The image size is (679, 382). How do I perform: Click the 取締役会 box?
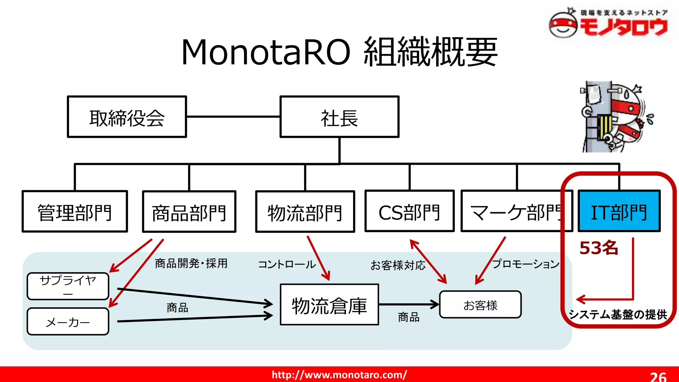tap(127, 117)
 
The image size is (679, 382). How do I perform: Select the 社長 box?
tap(339, 117)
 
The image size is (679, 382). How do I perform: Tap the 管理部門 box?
tap(75, 212)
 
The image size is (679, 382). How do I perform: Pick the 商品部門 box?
tap(189, 212)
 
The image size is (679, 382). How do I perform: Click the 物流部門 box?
tap(305, 212)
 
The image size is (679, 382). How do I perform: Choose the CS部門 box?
tap(409, 211)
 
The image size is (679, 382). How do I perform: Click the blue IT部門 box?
tap(619, 211)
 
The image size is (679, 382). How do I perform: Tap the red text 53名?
tap(599, 248)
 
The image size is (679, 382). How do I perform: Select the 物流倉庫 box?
tap(329, 305)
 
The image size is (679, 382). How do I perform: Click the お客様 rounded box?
tap(480, 305)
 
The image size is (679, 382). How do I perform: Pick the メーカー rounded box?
tap(68, 322)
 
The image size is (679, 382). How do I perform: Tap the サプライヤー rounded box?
tap(68, 286)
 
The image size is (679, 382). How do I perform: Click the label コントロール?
tap(287, 264)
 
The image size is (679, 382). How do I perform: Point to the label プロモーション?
tap(526, 264)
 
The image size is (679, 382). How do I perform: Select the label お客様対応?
tap(398, 265)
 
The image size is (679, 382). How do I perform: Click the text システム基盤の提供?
tap(618, 314)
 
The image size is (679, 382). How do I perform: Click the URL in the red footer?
tap(339, 375)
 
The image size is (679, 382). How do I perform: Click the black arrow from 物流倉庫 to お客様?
tap(408, 304)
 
